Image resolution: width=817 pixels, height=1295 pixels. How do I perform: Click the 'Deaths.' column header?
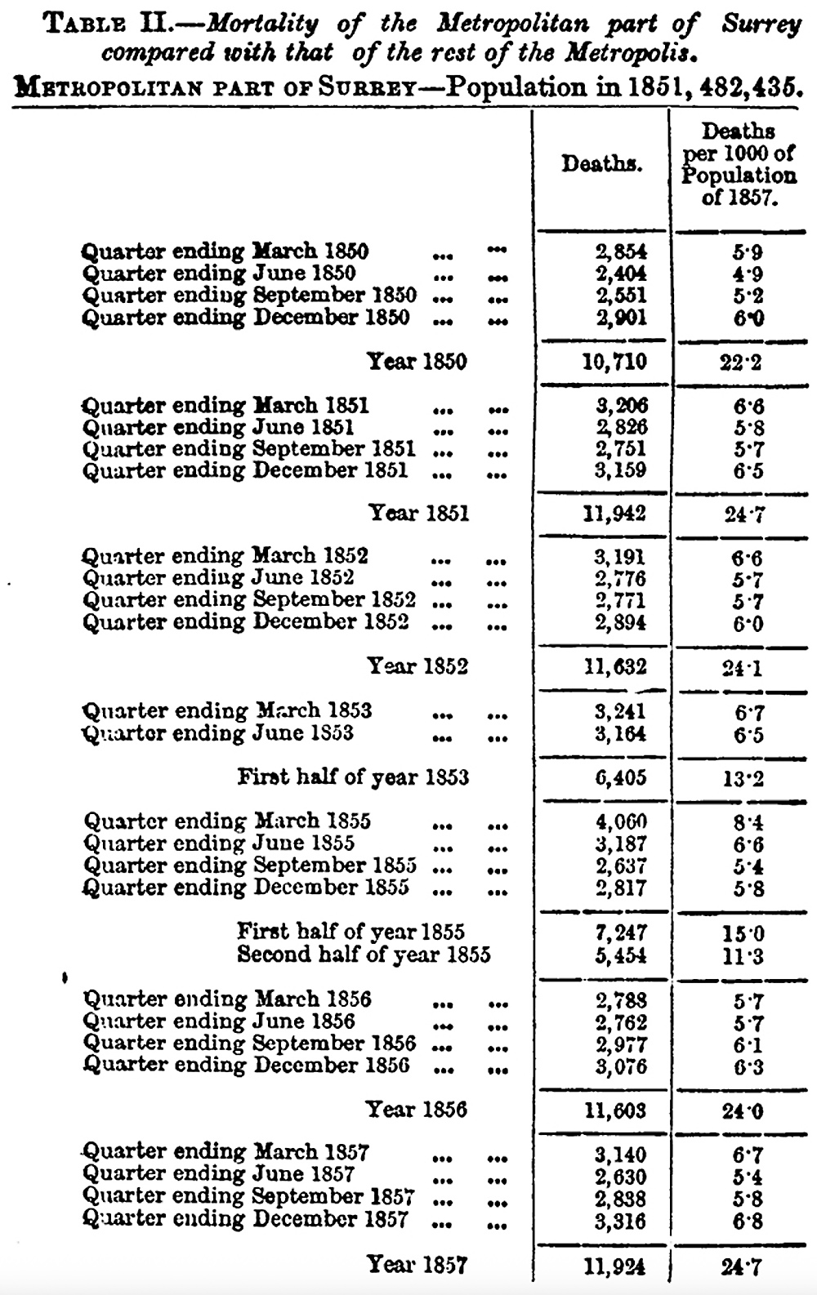(600, 164)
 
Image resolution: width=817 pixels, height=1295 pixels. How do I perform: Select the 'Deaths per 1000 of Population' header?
(739, 164)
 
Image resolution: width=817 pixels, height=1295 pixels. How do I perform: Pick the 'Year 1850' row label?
(417, 361)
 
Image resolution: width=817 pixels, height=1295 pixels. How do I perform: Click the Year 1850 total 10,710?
(614, 361)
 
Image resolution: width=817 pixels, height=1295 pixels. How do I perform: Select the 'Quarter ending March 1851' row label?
(225, 405)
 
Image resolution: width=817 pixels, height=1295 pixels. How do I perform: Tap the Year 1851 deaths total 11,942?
(614, 514)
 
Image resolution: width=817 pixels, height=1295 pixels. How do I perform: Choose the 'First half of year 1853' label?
(353, 777)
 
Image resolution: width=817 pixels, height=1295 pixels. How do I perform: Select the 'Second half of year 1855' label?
(364, 955)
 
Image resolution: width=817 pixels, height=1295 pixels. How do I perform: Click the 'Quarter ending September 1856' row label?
(249, 1044)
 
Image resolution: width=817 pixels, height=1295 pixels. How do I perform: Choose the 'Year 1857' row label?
(417, 1265)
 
